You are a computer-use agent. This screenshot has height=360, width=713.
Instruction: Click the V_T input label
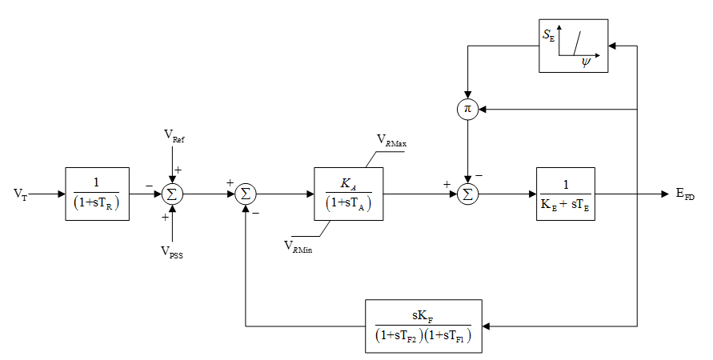(18, 194)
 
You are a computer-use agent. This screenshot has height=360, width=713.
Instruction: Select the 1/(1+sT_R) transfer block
(97, 193)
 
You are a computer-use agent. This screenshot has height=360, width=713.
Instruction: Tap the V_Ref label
(178, 138)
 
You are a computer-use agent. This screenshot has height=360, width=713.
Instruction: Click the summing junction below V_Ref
(170, 194)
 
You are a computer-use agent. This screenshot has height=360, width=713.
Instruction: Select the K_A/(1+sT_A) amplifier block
(348, 193)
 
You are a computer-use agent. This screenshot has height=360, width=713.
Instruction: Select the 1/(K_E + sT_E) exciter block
(565, 193)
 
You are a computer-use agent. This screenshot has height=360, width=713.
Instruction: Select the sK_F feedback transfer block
(423, 326)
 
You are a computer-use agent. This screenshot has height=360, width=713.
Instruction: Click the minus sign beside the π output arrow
(479, 174)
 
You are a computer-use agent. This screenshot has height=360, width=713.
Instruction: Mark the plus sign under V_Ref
(178, 170)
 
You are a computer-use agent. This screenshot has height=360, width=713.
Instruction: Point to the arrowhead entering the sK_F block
(487, 326)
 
